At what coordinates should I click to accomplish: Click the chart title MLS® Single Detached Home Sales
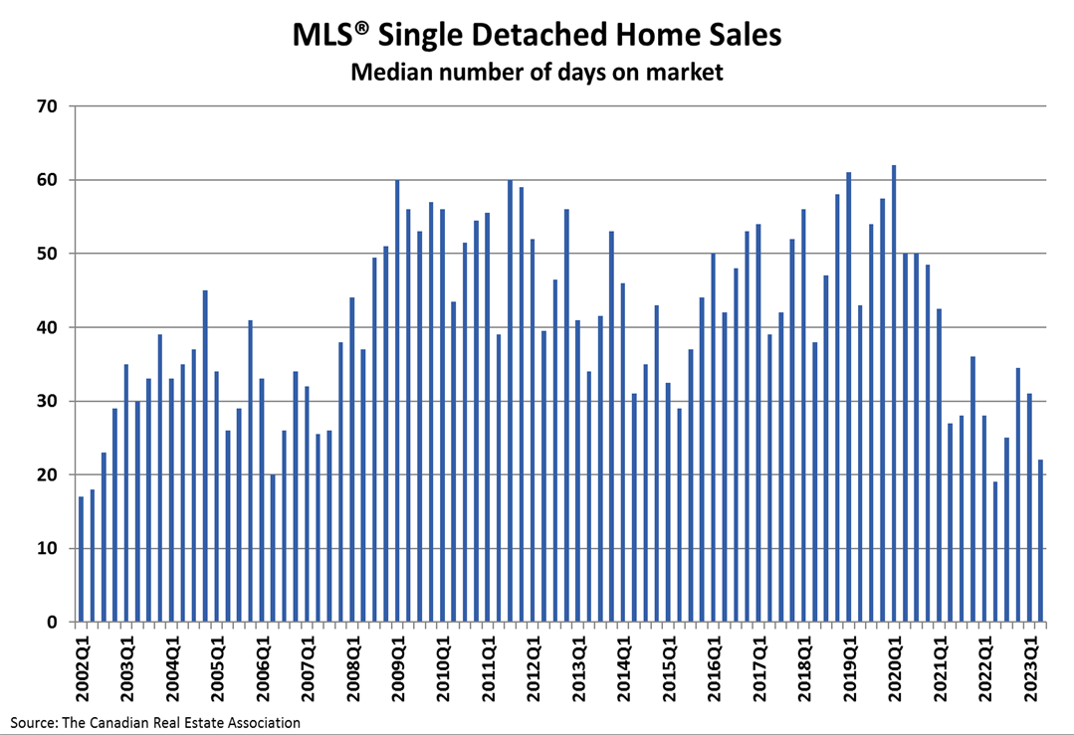(537, 35)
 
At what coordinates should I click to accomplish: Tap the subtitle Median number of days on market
(537, 73)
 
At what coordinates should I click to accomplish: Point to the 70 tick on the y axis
(49, 106)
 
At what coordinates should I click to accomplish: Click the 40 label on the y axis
(49, 327)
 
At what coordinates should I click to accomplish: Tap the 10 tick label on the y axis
(49, 549)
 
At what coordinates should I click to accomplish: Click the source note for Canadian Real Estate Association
(155, 722)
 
